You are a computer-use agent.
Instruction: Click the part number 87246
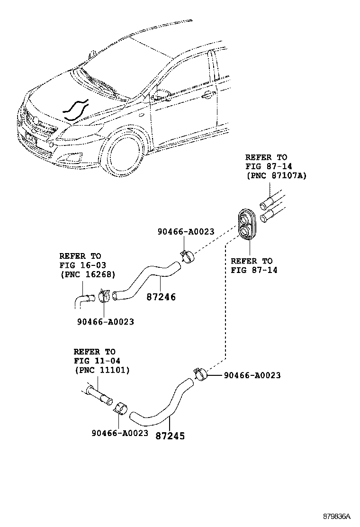click(x=161, y=298)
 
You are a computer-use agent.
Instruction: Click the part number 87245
click(x=170, y=436)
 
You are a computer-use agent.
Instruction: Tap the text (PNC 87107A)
click(x=276, y=176)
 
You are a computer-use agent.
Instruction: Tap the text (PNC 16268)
click(x=87, y=274)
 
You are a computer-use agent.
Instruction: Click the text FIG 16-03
click(x=80, y=265)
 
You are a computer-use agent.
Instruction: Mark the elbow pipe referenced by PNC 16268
click(x=84, y=301)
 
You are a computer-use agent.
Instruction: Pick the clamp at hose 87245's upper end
click(x=200, y=374)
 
